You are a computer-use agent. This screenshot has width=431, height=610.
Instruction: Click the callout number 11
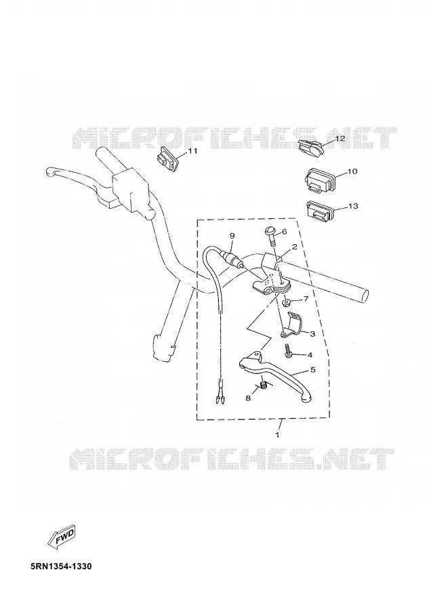pos(192,151)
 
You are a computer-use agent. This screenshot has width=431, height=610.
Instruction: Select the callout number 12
pos(340,138)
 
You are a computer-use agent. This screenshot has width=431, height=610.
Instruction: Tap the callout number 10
pos(352,171)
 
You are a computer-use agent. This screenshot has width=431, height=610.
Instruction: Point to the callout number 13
pos(353,206)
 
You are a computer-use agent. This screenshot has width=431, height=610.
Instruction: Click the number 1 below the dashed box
pos(277,434)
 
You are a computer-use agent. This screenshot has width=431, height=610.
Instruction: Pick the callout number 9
pos(232,236)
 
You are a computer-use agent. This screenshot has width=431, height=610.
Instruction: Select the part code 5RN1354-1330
pos(61,566)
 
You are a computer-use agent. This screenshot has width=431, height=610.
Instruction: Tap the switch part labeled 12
pos(310,148)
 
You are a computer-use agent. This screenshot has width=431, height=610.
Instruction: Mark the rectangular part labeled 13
pos(320,210)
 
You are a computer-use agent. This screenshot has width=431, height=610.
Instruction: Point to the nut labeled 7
pos(286,302)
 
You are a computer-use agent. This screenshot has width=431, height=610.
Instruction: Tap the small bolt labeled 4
pos(288,351)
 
